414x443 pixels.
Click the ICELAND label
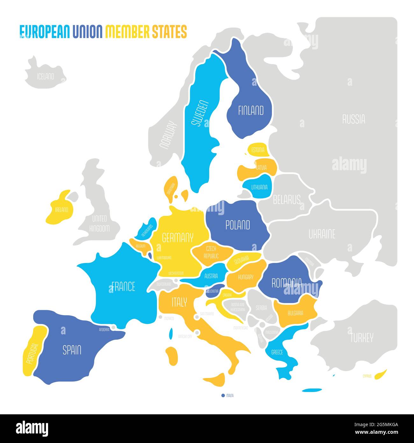pyautogui.click(x=46, y=77)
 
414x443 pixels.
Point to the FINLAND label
pyautogui.click(x=251, y=111)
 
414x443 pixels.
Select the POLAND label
pyautogui.click(x=238, y=225)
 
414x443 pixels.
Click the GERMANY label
pyautogui.click(x=178, y=237)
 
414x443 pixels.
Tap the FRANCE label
pyautogui.click(x=123, y=287)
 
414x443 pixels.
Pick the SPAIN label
pyautogui.click(x=72, y=350)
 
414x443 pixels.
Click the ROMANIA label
pyautogui.click(x=286, y=283)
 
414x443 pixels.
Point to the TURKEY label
pyautogui.click(x=361, y=338)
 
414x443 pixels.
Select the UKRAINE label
pyautogui.click(x=322, y=235)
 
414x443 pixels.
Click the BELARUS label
pyautogui.click(x=287, y=200)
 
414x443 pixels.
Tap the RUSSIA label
pyautogui.click(x=353, y=120)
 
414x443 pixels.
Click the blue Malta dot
pyautogui.click(x=223, y=396)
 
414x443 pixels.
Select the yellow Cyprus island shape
pyautogui.click(x=381, y=374)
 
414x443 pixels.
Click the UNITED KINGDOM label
pyautogui.click(x=99, y=223)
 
